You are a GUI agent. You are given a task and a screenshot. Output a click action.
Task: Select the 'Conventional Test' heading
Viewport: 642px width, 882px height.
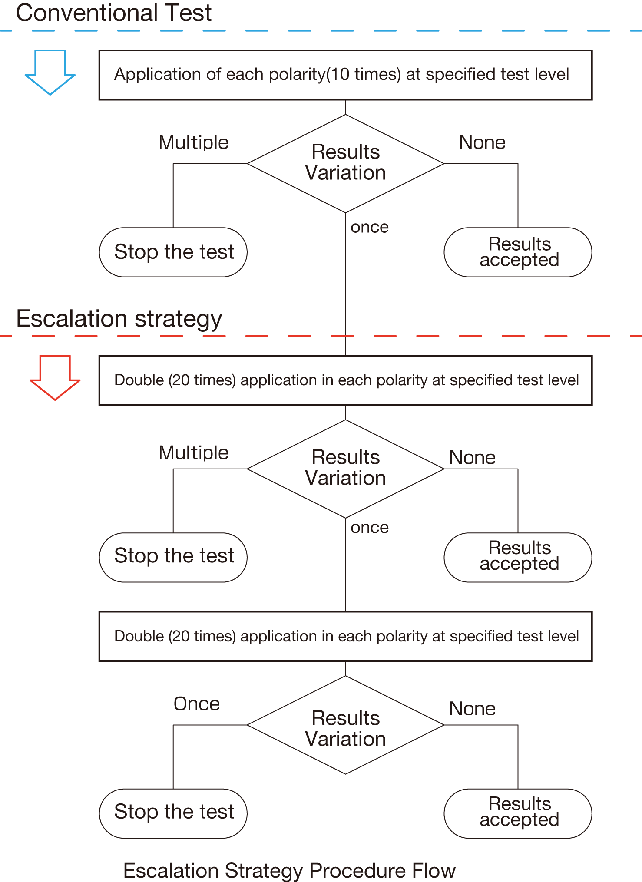click(x=114, y=13)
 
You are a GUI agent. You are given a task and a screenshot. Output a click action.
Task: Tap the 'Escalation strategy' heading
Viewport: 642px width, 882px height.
click(x=119, y=319)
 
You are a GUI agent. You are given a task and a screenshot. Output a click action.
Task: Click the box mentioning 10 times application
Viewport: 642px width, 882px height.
click(x=345, y=75)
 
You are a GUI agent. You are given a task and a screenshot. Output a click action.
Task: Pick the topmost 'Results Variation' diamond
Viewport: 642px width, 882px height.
click(x=345, y=163)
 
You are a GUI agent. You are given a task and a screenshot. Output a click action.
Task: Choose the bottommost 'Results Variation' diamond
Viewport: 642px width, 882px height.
click(x=345, y=725)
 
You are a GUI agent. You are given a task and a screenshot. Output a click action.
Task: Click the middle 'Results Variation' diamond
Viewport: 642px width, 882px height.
click(x=345, y=469)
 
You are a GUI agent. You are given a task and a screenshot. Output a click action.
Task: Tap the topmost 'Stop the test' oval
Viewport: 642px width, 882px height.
click(x=173, y=252)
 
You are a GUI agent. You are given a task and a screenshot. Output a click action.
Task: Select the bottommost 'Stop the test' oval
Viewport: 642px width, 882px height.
click(x=173, y=813)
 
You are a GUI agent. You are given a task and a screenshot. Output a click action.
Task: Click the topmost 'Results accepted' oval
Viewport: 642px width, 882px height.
click(x=518, y=252)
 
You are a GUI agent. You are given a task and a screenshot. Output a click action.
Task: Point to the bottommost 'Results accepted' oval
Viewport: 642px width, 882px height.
click(x=518, y=813)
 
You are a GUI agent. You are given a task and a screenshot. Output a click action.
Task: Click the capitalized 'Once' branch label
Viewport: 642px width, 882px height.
click(x=197, y=704)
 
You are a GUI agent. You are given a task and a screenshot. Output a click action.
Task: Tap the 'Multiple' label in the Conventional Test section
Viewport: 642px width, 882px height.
click(x=194, y=142)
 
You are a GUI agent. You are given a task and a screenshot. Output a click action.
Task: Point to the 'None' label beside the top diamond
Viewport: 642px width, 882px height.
click(x=482, y=142)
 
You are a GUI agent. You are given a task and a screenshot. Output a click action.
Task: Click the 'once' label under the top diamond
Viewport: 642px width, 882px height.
click(x=370, y=227)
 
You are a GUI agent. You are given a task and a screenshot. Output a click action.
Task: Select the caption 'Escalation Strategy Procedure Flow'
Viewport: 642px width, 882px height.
click(x=289, y=871)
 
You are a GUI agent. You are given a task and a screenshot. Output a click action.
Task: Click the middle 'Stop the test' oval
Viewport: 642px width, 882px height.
click(x=173, y=557)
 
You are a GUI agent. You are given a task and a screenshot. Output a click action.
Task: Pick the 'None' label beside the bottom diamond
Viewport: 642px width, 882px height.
click(x=473, y=709)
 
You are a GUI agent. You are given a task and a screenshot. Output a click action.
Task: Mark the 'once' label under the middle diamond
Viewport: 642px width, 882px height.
click(x=370, y=528)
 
